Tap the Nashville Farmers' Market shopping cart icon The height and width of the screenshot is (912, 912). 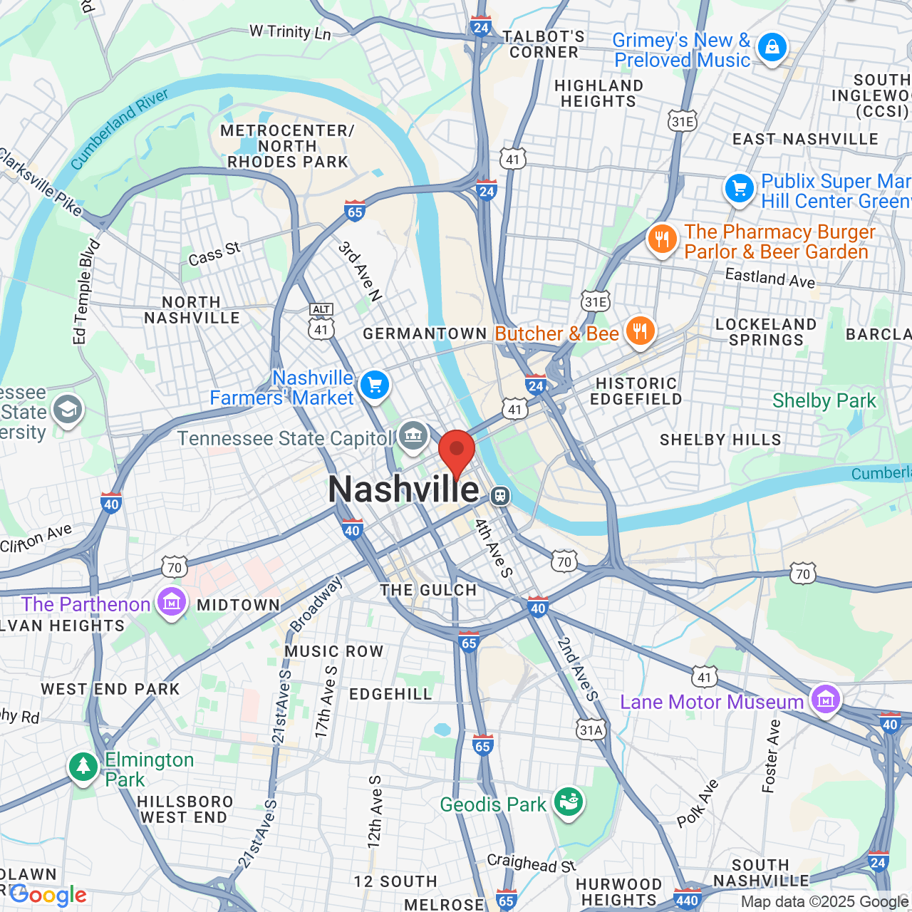click(375, 385)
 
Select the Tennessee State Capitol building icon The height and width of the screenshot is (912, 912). click(413, 435)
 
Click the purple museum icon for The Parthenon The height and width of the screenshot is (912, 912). click(172, 603)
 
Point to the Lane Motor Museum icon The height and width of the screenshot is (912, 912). click(825, 699)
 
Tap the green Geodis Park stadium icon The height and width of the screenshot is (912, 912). click(569, 802)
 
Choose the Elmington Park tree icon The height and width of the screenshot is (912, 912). click(83, 767)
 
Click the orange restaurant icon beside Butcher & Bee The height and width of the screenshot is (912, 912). click(640, 331)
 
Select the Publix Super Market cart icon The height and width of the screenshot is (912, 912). click(740, 189)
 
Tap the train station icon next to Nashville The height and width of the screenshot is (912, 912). click(500, 495)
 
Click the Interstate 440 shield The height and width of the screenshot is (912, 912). click(688, 900)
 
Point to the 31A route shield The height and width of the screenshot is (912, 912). click(591, 730)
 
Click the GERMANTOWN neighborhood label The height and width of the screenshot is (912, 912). click(425, 333)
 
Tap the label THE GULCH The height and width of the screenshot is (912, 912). click(428, 590)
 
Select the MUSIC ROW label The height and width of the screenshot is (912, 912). click(334, 651)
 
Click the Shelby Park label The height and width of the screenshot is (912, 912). click(824, 401)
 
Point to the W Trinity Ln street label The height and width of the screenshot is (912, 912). click(290, 32)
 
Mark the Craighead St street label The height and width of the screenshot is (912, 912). click(532, 863)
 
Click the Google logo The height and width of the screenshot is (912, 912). click(48, 895)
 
